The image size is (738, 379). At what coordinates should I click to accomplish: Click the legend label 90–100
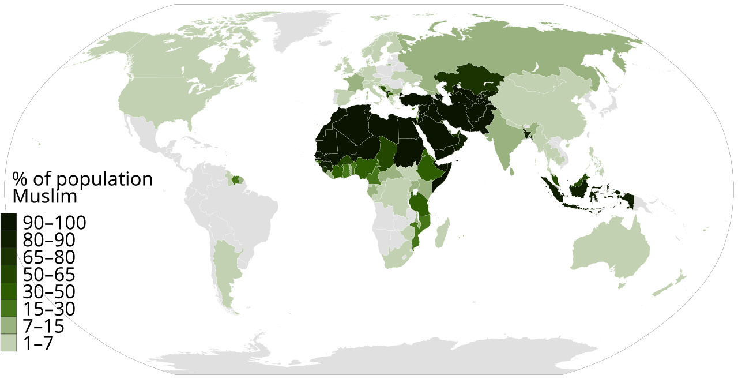54,223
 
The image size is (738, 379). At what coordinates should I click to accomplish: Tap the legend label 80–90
49,240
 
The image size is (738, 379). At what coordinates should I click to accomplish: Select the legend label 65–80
49,257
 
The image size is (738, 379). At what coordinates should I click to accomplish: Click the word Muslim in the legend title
44,196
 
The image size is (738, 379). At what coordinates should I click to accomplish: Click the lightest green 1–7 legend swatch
8,343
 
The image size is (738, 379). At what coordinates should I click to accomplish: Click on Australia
611,248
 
